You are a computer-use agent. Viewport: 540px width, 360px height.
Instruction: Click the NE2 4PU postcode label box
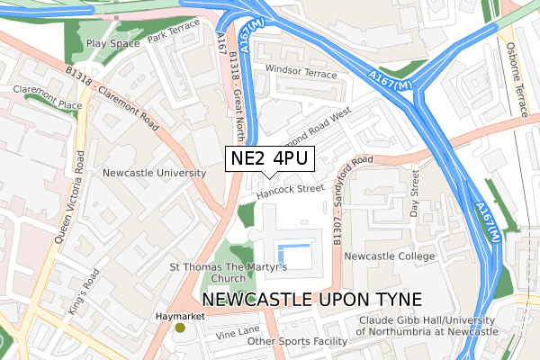pos(268,159)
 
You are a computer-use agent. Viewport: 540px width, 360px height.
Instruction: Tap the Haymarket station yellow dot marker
pos(180,328)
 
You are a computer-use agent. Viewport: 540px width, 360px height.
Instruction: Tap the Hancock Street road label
pos(289,191)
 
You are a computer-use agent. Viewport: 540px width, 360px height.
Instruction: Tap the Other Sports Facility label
pos(297,342)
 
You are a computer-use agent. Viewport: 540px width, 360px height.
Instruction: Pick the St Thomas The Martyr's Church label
pos(228,273)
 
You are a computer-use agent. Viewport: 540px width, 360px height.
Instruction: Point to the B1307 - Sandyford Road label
pos(350,197)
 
